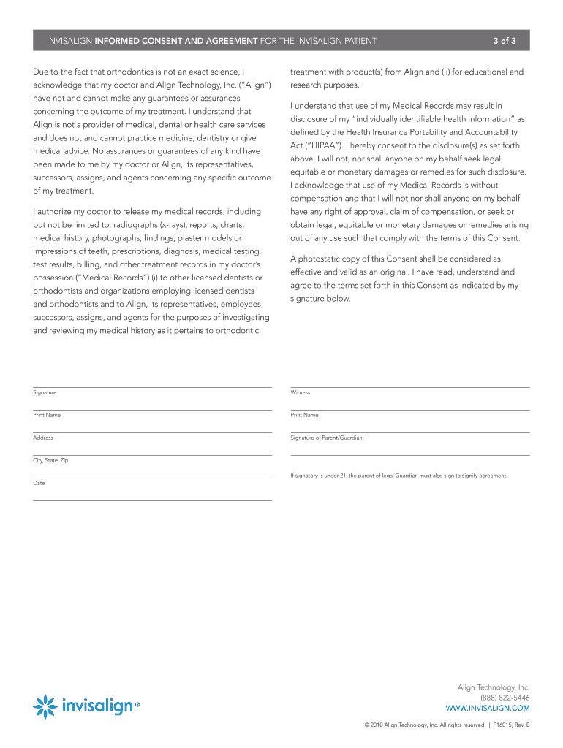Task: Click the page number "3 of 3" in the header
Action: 505,41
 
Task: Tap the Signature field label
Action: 45,393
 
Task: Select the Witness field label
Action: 301,393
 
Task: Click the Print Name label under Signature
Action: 47,415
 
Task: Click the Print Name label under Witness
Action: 304,415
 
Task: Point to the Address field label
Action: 43,438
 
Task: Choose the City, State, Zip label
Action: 50,461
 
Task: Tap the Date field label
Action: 39,483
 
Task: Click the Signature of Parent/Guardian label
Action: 327,438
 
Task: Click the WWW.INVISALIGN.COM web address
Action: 488,708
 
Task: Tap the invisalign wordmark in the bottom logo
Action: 98,706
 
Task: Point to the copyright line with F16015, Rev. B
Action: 447,725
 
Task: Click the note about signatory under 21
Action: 398,476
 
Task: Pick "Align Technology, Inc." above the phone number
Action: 494,687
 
